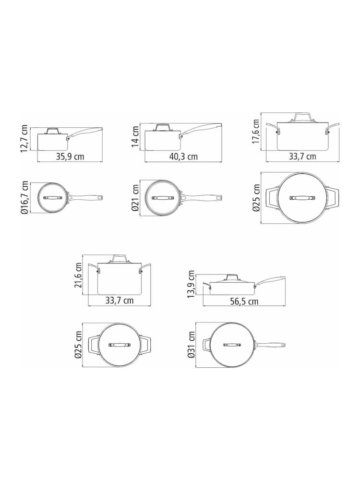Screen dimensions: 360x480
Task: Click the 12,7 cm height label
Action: [x=25, y=138]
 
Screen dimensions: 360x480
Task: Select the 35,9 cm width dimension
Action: [x=70, y=157]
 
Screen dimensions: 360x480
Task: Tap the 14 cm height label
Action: [x=135, y=136]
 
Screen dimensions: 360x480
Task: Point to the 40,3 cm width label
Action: [x=183, y=157]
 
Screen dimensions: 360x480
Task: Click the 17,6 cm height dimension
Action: [x=256, y=132]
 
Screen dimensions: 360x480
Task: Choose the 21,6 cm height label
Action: [x=78, y=275]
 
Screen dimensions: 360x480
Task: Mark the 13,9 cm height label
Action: [x=192, y=284]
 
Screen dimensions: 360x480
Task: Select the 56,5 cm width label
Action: [x=244, y=301]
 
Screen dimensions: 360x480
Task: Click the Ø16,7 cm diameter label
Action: [x=25, y=197]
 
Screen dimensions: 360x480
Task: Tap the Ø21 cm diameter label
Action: [x=135, y=197]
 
